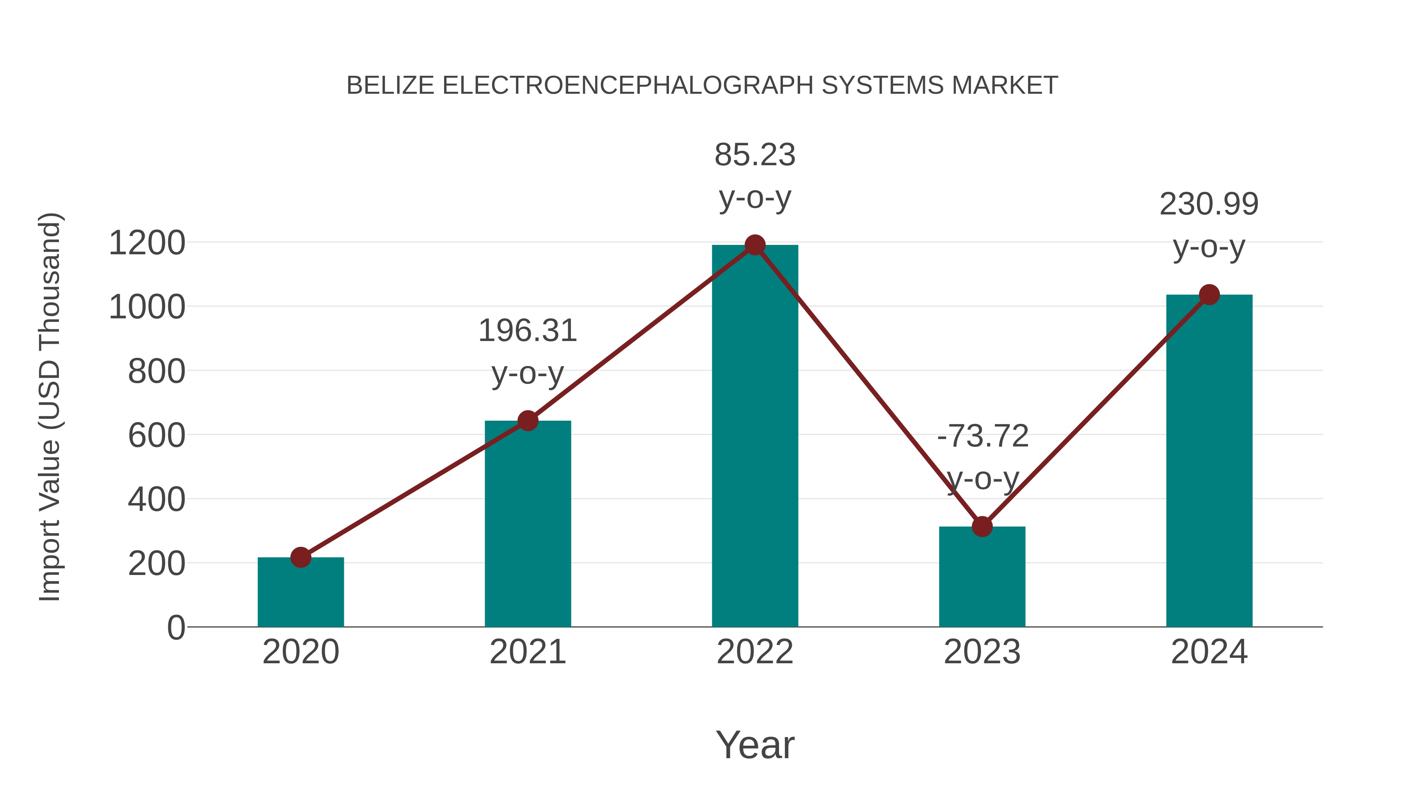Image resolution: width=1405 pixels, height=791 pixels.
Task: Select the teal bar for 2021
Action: pyautogui.click(x=527, y=524)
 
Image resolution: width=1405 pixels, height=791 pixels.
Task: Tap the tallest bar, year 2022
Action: pyautogui.click(x=755, y=437)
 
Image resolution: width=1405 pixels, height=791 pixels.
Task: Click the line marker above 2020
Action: pyautogui.click(x=301, y=557)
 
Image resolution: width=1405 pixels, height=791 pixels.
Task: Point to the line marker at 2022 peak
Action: pyautogui.click(x=755, y=245)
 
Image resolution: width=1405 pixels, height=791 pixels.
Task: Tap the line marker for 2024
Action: pyautogui.click(x=1209, y=295)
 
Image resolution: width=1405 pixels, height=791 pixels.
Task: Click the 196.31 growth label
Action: pyautogui.click(x=527, y=331)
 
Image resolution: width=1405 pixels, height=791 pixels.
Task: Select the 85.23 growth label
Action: pyautogui.click(x=755, y=155)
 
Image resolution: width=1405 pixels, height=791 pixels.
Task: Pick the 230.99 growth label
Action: pyautogui.click(x=1209, y=205)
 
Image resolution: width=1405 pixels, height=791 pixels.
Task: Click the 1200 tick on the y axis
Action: pyautogui.click(x=147, y=243)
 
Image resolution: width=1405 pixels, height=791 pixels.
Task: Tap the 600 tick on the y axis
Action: pyautogui.click(x=157, y=436)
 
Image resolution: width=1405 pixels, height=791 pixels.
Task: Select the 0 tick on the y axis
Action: pyautogui.click(x=176, y=628)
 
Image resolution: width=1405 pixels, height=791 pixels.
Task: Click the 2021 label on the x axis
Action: pyautogui.click(x=527, y=652)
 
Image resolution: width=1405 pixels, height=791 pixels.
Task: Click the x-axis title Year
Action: pyautogui.click(x=755, y=745)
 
